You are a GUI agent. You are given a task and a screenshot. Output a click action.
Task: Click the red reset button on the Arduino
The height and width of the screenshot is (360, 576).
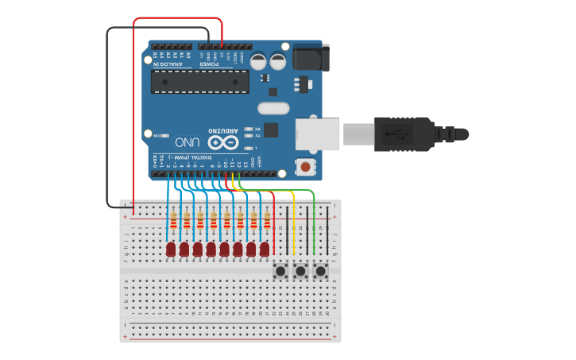(304, 167)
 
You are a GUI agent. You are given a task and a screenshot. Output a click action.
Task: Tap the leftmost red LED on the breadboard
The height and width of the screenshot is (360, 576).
(171, 250)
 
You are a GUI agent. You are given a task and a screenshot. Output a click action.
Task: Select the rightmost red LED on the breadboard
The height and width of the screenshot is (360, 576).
(265, 250)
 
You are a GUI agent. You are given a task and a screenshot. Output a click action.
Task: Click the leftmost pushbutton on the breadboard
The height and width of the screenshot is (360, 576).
(280, 272)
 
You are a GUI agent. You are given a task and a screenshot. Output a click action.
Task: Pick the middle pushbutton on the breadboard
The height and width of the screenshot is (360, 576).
(300, 272)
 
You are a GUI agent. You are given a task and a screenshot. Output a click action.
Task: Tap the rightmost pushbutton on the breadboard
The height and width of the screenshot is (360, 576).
(321, 272)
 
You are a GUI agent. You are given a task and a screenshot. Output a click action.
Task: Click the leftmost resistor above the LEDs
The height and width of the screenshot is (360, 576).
(173, 219)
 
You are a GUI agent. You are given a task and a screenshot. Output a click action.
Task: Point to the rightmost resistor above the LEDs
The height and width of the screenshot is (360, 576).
(267, 219)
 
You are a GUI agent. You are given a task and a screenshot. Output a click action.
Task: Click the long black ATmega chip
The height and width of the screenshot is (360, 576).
(199, 81)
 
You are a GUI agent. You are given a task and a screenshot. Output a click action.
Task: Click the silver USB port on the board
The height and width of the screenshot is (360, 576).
(317, 134)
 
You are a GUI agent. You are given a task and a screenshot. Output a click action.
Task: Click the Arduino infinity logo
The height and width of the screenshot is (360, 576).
(222, 142)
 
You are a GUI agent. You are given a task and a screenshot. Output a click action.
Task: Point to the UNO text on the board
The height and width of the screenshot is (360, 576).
(187, 142)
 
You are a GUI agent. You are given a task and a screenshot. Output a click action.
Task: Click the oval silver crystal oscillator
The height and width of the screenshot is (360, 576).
(274, 108)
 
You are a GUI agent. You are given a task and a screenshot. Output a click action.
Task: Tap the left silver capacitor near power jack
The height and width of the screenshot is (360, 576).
(259, 61)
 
